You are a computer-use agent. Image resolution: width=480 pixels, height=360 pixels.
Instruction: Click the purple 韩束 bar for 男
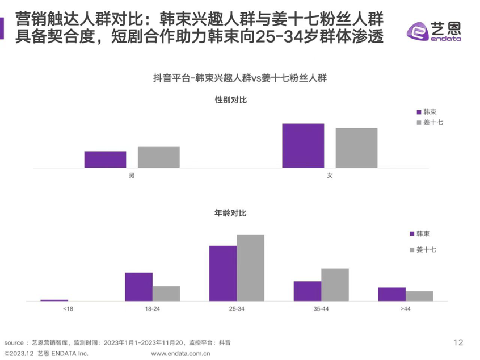[x=105, y=160]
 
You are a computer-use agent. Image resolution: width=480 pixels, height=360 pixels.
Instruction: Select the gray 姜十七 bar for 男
[x=158, y=157]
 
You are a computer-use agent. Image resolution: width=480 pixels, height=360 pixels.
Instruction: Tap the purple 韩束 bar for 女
[x=303, y=145]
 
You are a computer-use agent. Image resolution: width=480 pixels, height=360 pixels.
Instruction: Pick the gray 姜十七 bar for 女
[x=356, y=148]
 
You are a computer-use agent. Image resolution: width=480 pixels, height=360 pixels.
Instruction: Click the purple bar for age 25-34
[x=223, y=273]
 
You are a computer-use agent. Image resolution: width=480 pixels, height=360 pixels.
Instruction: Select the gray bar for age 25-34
[x=250, y=267]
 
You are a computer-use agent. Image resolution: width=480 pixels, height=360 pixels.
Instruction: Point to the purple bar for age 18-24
[x=138, y=287]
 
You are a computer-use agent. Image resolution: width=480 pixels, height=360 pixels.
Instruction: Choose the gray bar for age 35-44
[x=335, y=284]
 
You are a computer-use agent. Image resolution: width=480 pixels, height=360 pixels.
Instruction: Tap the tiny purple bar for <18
[x=54, y=300]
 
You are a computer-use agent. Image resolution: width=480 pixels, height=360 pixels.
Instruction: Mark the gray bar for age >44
[x=419, y=296]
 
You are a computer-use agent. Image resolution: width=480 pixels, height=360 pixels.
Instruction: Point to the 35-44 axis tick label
[x=321, y=308]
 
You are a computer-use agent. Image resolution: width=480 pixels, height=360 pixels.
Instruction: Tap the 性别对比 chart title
[x=231, y=100]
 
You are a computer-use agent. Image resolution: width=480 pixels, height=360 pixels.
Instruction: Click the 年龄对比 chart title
[x=231, y=213]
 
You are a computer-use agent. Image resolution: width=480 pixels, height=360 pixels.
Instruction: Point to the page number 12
[x=459, y=342]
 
